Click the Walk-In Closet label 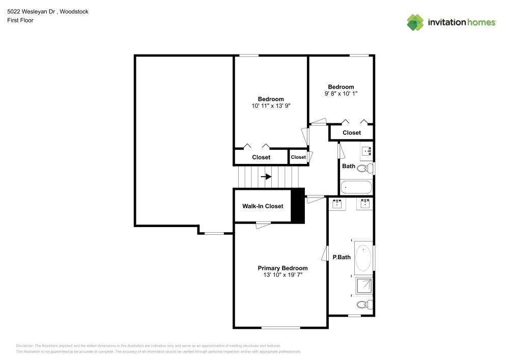click(x=263, y=206)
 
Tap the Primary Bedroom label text click(x=282, y=268)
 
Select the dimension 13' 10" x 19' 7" click(x=282, y=275)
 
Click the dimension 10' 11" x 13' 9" click(x=271, y=106)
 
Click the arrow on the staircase click(x=266, y=177)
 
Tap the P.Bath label click(x=342, y=257)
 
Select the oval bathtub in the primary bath click(x=363, y=258)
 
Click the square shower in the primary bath click(x=364, y=287)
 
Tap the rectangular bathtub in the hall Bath click(x=356, y=187)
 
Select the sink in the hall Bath click(x=367, y=150)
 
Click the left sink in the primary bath click(x=337, y=204)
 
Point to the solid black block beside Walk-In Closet click(x=298, y=206)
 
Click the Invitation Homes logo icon click(x=415, y=22)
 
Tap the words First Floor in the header click(x=20, y=20)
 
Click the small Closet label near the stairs click(x=298, y=157)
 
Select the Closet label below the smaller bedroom click(x=352, y=133)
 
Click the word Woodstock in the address click(x=74, y=11)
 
